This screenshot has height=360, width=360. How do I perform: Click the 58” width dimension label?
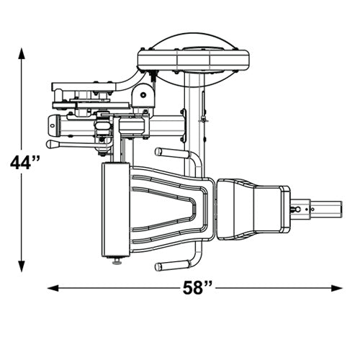click(x=197, y=288)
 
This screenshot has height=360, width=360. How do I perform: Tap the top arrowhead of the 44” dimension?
click(x=22, y=53)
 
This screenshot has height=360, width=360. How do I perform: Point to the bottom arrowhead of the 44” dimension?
click(x=22, y=266)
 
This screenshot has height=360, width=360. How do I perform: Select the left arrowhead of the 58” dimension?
click(x=53, y=288)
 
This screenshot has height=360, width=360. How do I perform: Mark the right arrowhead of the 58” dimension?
click(x=337, y=288)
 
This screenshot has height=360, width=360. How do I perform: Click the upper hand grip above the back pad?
click(x=172, y=152)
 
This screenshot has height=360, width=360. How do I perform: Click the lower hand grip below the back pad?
click(x=172, y=266)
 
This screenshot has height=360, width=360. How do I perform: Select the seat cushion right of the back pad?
click(x=253, y=210)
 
